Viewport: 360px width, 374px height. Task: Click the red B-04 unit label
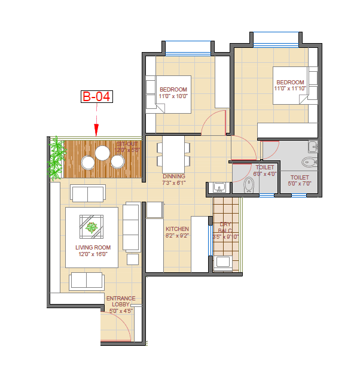96,96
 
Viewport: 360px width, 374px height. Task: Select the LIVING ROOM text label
93,247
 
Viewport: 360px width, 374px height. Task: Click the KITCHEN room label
177,229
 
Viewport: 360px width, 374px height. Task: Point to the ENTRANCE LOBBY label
121,301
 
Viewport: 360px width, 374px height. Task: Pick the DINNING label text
174,177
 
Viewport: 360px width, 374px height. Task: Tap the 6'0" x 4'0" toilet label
264,174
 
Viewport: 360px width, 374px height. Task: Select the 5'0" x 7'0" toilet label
300,184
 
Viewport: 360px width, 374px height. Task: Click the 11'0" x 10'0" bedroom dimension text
173,96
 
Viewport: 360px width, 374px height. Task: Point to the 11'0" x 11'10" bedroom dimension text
290,89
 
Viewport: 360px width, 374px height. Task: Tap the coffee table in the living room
91,227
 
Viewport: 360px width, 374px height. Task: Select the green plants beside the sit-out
56,159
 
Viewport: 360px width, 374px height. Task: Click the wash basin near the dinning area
219,187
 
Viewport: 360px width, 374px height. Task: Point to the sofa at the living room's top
88,193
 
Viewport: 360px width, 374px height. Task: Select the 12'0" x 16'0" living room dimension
93,254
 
